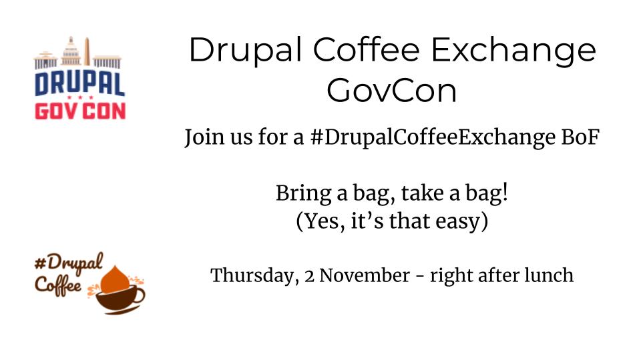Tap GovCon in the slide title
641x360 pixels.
coord(392,91)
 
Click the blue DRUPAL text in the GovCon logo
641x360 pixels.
coord(79,85)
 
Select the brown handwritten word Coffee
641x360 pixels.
coord(58,285)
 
